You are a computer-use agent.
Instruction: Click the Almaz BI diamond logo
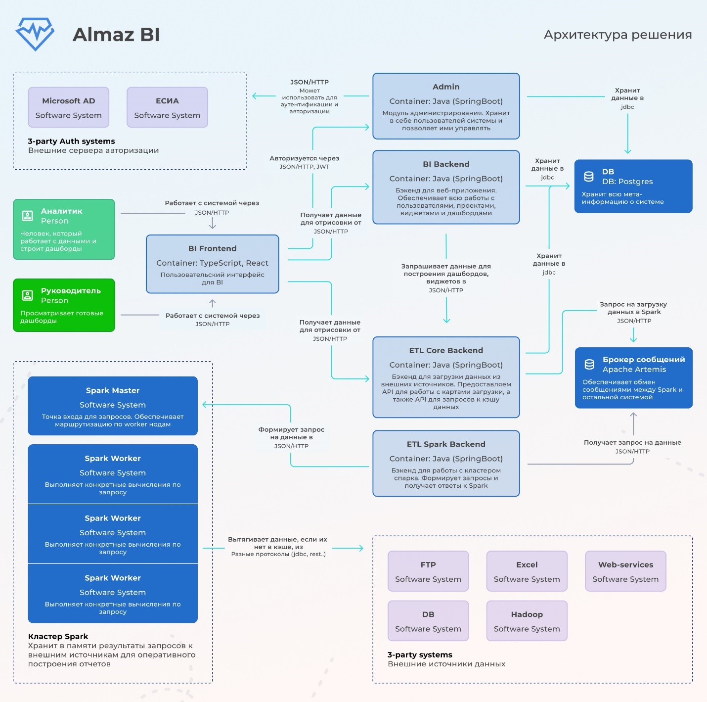35,34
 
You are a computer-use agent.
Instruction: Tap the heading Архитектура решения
618,35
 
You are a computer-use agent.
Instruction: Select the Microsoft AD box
69,107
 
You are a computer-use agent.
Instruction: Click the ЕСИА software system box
167,107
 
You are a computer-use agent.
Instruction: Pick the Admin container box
446,106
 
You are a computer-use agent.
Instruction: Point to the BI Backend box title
446,164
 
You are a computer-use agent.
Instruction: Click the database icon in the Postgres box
589,177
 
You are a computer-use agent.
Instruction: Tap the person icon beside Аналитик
28,216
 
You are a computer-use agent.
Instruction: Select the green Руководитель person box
64,305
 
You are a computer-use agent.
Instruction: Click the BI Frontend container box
213,264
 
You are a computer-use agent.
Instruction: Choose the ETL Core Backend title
446,350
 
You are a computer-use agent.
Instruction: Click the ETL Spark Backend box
446,464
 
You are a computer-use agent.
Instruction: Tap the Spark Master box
113,406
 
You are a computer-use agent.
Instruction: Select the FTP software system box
428,571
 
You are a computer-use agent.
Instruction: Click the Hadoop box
527,621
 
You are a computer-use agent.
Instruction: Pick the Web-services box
625,571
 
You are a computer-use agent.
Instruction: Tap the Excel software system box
527,571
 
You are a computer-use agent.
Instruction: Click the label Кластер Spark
58,636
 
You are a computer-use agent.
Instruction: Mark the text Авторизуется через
305,158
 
